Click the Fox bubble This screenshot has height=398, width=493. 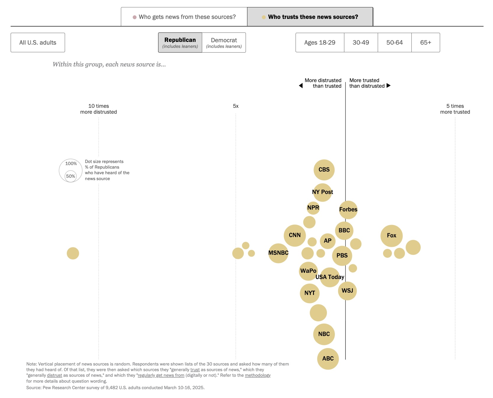tap(391, 236)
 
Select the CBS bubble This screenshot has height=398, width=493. tap(324, 170)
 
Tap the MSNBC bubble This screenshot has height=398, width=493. tap(278, 253)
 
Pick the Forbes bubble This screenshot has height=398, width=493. tap(348, 210)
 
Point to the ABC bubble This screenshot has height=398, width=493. tap(328, 359)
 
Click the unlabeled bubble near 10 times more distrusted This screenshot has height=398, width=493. tap(73, 253)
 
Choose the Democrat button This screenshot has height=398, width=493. tap(224, 43)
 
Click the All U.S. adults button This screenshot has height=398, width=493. tap(38, 43)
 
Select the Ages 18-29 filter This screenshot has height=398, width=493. tap(320, 43)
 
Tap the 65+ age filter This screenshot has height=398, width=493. tap(426, 43)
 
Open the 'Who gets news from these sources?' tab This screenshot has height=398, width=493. tap(184, 17)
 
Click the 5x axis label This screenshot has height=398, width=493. tap(236, 106)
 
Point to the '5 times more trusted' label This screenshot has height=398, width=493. tap(455, 109)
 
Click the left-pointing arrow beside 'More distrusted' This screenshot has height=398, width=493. tap(301, 86)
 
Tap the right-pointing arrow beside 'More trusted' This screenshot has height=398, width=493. tap(389, 86)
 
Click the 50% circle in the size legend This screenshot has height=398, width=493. tap(71, 176)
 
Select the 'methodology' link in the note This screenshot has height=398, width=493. tap(257, 375)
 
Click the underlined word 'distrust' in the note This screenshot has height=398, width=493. tap(54, 375)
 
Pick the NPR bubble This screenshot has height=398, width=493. tap(313, 208)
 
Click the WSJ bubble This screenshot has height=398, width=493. tap(347, 291)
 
